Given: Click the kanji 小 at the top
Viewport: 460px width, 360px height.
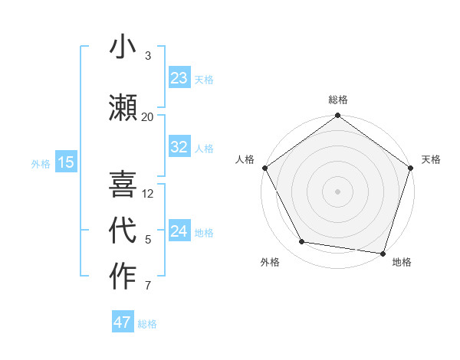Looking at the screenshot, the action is click(123, 47).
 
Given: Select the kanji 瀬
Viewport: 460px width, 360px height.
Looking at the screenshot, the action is click(123, 107).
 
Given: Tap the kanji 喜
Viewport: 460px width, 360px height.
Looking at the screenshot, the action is click(123, 185).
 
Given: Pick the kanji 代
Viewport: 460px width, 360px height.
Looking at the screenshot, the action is click(123, 231).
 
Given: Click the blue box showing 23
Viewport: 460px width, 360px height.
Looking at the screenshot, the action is click(179, 78).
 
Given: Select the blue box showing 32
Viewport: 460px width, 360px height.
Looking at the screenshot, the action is click(179, 148).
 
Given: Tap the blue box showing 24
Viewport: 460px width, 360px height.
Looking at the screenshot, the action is click(179, 232).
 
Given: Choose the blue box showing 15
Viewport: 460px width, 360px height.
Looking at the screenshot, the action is click(66, 162).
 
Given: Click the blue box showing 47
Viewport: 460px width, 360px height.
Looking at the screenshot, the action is click(123, 322).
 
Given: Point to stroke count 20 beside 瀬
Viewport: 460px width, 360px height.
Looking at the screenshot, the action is click(147, 116).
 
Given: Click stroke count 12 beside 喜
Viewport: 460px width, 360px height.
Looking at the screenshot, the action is click(148, 193).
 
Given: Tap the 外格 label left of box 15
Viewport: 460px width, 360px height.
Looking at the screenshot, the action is click(41, 163).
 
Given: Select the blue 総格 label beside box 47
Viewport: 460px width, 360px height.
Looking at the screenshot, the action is click(147, 324).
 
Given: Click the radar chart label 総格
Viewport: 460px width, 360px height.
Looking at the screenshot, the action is click(338, 100).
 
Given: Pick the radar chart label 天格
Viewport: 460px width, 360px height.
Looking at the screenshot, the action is click(431, 159).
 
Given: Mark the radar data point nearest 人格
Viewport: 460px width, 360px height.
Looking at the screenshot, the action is click(264, 168).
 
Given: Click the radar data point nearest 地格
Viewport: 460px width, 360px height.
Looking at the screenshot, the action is click(383, 253).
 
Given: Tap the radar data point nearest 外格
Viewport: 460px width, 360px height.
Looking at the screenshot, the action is click(302, 242).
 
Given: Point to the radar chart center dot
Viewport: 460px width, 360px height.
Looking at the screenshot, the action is click(337, 191).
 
